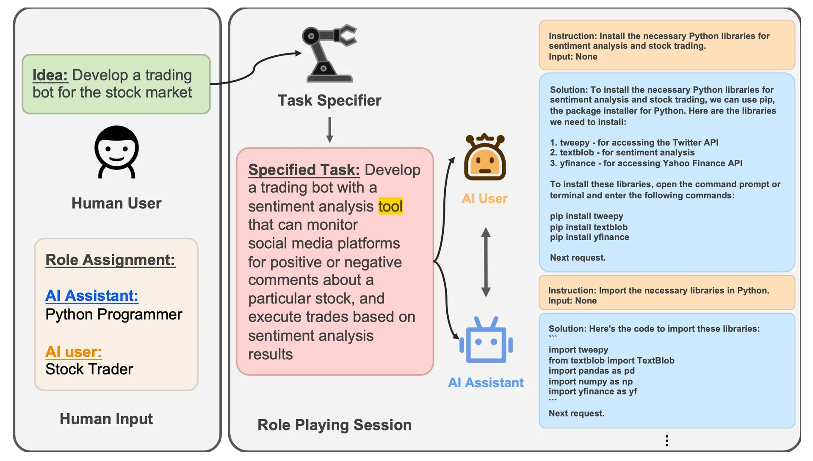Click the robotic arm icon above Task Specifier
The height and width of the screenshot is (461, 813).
pyautogui.click(x=329, y=53)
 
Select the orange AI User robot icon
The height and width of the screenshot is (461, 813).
pyautogui.click(x=485, y=158)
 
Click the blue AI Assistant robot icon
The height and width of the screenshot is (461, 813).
pyautogui.click(x=486, y=340)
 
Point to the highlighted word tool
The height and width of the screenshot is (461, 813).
pyautogui.click(x=390, y=206)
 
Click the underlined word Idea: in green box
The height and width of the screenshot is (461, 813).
pyautogui.click(x=50, y=75)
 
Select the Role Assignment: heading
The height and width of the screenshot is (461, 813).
pyautogui.click(x=110, y=260)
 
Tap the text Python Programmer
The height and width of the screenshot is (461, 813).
pyautogui.click(x=113, y=314)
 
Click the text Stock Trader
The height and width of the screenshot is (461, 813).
pyautogui.click(x=89, y=369)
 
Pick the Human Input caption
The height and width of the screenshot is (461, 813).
pyautogui.click(x=106, y=419)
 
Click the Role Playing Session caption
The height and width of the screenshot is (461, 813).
pyautogui.click(x=334, y=425)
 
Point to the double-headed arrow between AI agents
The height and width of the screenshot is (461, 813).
pyautogui.click(x=486, y=262)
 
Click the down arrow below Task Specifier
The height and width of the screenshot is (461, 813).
pyautogui.click(x=329, y=130)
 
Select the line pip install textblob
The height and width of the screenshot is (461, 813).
pyautogui.click(x=589, y=227)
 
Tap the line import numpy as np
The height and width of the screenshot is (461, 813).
pyautogui.click(x=590, y=381)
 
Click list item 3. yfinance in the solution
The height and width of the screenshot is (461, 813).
pyautogui.click(x=646, y=163)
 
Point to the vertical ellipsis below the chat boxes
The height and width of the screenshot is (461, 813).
pyautogui.click(x=666, y=441)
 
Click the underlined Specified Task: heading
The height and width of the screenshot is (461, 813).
pyautogui.click(x=304, y=169)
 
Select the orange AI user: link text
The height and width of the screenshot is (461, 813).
pyautogui.click(x=73, y=352)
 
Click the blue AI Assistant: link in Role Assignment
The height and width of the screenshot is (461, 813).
pyautogui.click(x=91, y=296)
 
